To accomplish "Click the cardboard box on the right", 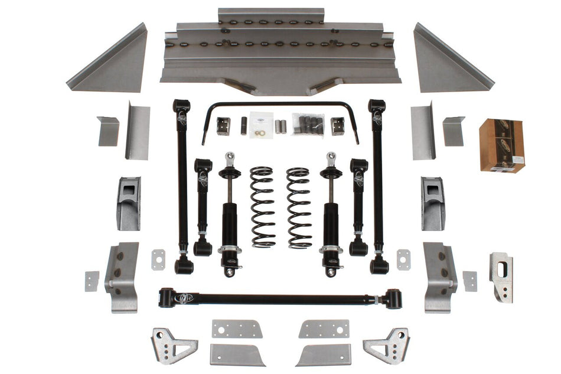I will pos(501,145).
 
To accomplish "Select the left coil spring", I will pos(262,207).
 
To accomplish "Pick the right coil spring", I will pos(299,207).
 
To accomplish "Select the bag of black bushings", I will pos(308,124).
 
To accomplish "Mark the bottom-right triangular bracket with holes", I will pos(388,345).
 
